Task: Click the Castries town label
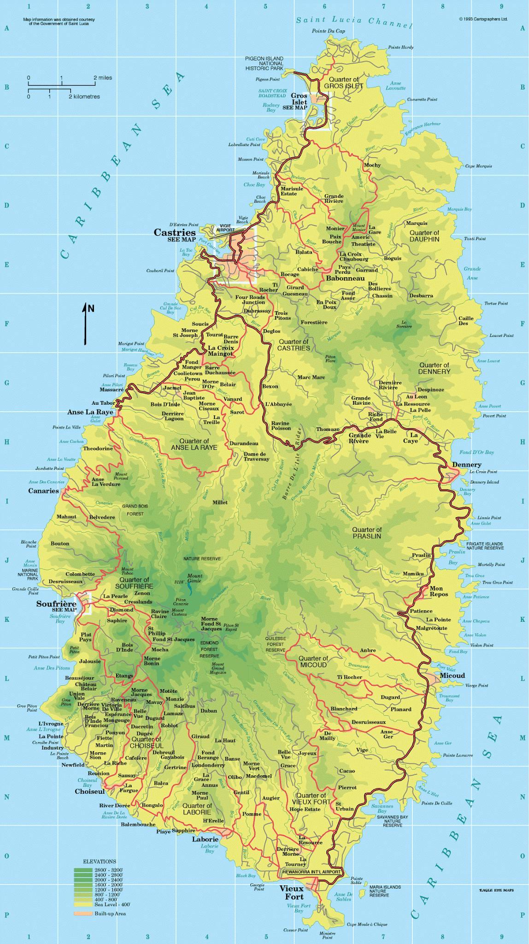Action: pyautogui.click(x=175, y=232)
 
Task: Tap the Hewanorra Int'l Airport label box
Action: pyautogui.click(x=312, y=872)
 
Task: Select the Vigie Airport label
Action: pyautogui.click(x=225, y=228)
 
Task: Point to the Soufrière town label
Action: pyautogui.click(x=56, y=604)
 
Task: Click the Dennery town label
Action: pyautogui.click(x=466, y=465)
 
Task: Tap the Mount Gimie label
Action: pyautogui.click(x=194, y=578)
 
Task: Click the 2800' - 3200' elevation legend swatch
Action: pyautogui.click(x=83, y=870)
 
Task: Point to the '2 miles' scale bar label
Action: pyautogui.click(x=103, y=78)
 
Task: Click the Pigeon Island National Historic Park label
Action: pyautogui.click(x=264, y=64)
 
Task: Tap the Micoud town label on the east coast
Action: pyautogui.click(x=452, y=675)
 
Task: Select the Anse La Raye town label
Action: pyautogui.click(x=90, y=412)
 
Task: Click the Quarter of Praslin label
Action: pyautogui.click(x=367, y=533)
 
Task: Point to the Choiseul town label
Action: pyautogui.click(x=90, y=791)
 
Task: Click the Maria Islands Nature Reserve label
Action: pyautogui.click(x=385, y=891)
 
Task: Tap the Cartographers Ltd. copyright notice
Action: pyautogui.click(x=483, y=19)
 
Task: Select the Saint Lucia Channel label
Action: pyautogui.click(x=353, y=22)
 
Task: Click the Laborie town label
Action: pyautogui.click(x=205, y=839)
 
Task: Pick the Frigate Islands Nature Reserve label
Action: pyautogui.click(x=485, y=546)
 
